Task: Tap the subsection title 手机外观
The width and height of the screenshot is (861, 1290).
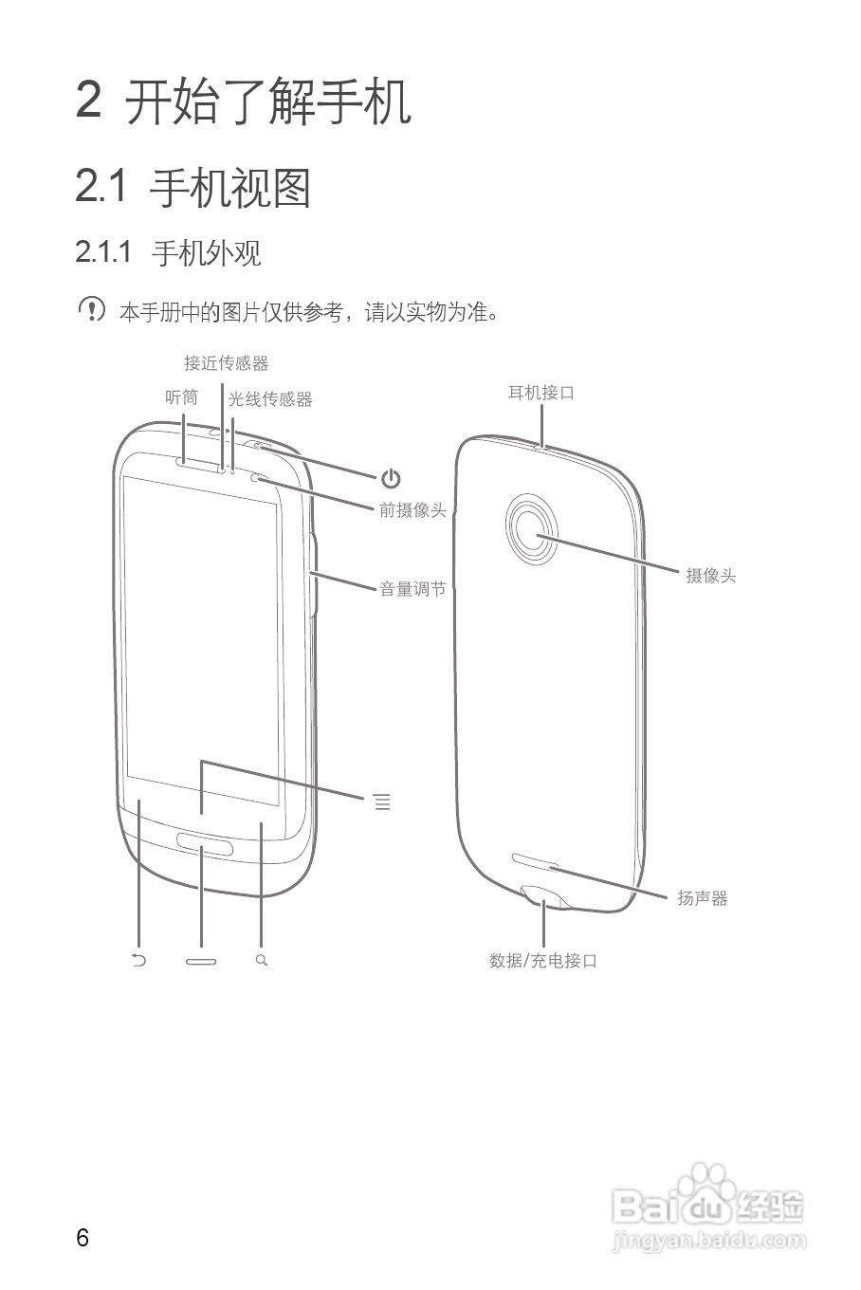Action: click(x=206, y=253)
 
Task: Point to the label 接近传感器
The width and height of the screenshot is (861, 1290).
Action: click(x=226, y=363)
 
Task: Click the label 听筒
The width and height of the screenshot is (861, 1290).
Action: click(x=181, y=398)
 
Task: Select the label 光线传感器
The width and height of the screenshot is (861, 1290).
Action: click(x=270, y=399)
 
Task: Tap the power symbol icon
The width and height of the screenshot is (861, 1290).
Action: click(x=391, y=479)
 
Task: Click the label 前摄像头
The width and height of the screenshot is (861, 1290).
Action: click(x=412, y=510)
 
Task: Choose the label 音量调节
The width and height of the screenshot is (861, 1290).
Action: click(x=412, y=589)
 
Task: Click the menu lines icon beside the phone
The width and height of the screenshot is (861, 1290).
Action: click(x=381, y=802)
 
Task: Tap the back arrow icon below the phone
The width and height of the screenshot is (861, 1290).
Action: click(x=139, y=960)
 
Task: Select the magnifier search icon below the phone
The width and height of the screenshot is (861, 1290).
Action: click(x=262, y=960)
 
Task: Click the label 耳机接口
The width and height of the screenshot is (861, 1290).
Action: click(x=541, y=392)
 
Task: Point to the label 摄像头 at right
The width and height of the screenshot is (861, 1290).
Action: click(x=710, y=575)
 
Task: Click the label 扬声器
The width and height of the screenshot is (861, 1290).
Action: click(x=702, y=897)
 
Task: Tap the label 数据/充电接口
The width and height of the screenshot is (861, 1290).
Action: click(x=543, y=960)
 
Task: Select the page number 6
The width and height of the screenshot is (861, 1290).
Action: click(x=82, y=1238)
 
